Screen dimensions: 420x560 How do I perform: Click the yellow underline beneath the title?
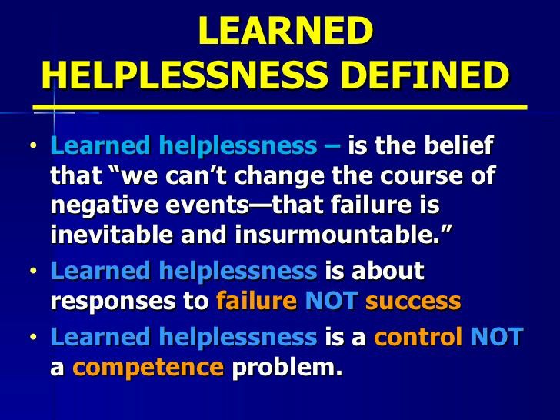tap(280, 105)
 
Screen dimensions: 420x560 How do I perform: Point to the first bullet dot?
tap(34, 145)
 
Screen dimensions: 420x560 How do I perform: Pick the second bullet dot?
tap(34, 272)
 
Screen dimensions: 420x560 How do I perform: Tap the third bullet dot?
tap(34, 337)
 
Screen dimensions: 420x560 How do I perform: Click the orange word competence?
tap(148, 367)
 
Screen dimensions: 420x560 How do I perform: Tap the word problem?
tap(287, 367)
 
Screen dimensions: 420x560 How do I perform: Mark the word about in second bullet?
tap(385, 272)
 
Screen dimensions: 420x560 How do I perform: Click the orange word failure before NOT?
tap(256, 301)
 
